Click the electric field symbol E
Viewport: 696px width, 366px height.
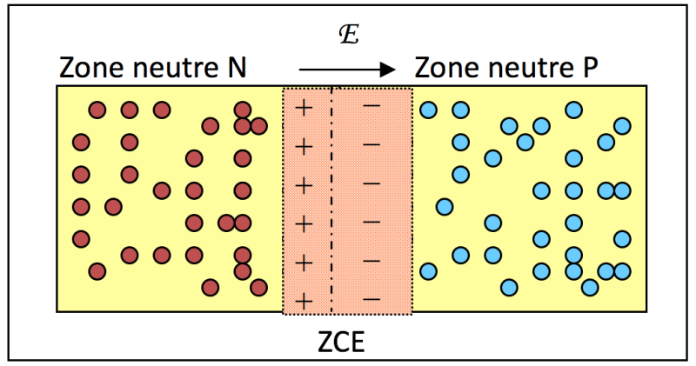tap(347, 37)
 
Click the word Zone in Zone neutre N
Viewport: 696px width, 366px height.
tap(90, 68)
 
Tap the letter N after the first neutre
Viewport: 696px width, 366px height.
tap(237, 68)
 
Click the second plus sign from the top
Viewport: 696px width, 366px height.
tap(304, 146)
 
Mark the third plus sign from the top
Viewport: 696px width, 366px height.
tap(304, 184)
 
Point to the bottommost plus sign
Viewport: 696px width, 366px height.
tap(304, 300)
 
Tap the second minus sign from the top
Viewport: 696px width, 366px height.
tap(371, 144)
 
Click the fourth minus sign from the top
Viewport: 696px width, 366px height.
tap(371, 222)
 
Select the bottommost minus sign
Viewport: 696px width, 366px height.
tap(371, 298)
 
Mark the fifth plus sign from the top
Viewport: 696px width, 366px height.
tap(304, 262)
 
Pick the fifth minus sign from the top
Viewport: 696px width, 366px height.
tap(371, 260)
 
